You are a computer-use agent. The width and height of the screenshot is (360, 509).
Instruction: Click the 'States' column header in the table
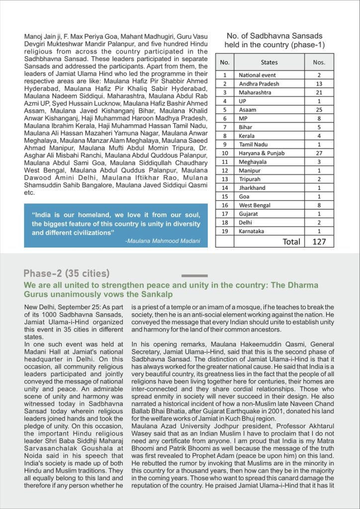269,63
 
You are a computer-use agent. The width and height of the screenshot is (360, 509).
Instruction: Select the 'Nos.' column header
319,63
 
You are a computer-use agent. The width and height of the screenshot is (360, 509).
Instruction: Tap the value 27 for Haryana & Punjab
319,153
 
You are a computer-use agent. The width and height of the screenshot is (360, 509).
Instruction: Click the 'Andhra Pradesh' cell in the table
259,84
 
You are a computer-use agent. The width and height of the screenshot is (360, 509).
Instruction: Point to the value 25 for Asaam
319,110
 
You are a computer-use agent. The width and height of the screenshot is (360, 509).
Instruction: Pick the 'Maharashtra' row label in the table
256,92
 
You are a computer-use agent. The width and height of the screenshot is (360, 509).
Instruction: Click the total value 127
319,242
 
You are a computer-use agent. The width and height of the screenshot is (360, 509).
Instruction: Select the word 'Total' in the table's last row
291,242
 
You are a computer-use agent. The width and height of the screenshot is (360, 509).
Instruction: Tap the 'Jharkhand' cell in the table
252,188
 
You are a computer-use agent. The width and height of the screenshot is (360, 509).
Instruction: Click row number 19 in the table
225,231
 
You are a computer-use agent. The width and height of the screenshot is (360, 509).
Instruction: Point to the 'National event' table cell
257,75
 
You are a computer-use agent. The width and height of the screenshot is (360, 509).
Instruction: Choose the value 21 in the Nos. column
319,92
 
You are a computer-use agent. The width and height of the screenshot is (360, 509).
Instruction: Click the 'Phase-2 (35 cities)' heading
67,273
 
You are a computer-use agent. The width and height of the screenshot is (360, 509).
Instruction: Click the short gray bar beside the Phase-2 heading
194,275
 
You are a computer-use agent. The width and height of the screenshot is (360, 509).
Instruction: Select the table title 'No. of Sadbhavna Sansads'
274,36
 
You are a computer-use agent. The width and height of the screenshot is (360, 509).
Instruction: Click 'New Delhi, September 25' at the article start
58,308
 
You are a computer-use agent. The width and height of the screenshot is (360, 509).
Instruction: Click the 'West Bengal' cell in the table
255,205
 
